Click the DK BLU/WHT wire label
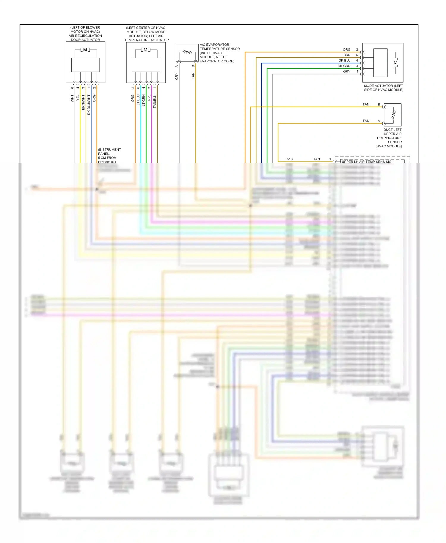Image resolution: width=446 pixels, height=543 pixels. [89, 105]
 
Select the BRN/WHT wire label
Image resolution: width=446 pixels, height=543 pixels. [83, 102]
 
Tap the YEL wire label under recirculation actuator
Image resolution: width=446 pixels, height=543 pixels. [78, 98]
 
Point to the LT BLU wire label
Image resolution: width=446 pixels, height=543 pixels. [138, 100]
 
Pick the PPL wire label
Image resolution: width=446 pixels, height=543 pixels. [149, 98]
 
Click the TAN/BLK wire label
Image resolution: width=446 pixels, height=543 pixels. [155, 101]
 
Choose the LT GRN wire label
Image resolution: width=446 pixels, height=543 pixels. [144, 100]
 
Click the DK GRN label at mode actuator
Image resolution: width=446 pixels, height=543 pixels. [344, 66]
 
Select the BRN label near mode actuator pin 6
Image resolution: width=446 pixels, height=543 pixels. [347, 55]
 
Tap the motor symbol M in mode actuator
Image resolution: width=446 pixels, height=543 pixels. [395, 62]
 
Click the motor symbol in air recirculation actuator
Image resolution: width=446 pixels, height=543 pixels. [85, 50]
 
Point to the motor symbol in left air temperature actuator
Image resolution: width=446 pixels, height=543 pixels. [145, 50]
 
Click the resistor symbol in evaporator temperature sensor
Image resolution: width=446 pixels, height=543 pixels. [187, 52]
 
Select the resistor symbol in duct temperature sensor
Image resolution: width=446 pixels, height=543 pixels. [393, 115]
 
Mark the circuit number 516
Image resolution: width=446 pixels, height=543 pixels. [290, 159]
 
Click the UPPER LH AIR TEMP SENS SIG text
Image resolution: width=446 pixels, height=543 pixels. [367, 162]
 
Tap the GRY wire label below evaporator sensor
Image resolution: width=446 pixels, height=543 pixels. [177, 76]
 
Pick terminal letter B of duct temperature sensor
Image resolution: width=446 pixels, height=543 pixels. [379, 104]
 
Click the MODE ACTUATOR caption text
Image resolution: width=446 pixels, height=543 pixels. [384, 88]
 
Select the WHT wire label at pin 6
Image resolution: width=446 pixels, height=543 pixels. [72, 98]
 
